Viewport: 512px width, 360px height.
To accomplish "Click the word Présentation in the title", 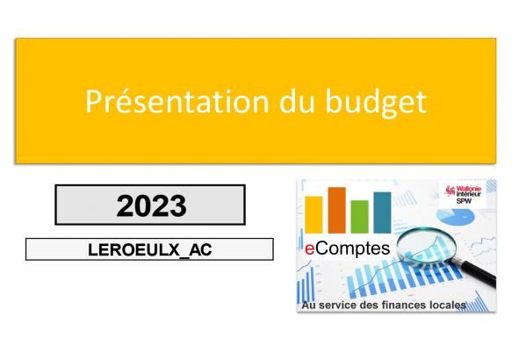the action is tap(177, 101).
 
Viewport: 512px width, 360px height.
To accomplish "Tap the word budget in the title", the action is tap(376, 103).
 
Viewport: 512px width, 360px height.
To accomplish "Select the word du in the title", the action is tap(297, 101).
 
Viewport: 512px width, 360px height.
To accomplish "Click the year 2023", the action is tap(152, 205).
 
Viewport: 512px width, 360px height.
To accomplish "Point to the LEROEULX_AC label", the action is tap(150, 249).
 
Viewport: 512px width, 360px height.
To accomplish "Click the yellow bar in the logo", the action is tap(314, 215).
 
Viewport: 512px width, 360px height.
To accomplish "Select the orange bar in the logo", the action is tap(336, 211).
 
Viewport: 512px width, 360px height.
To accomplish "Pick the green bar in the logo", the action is tap(359, 217).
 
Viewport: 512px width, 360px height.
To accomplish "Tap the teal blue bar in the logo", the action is tap(382, 212).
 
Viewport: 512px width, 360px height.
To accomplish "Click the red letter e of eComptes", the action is tap(310, 248).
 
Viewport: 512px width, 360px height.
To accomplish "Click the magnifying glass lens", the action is tap(427, 246).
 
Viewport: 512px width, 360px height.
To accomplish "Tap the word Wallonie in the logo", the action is tap(469, 189).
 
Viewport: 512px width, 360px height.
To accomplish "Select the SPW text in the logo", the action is tap(464, 201).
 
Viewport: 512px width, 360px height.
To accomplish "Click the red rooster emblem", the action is tap(451, 191).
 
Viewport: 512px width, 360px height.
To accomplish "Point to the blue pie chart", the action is tap(456, 216).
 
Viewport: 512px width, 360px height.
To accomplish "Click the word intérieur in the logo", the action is tap(469, 195).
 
